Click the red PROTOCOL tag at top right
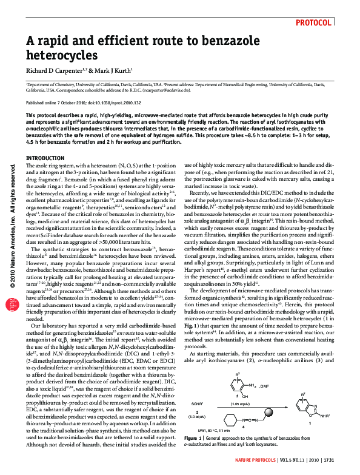pos(314,22)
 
